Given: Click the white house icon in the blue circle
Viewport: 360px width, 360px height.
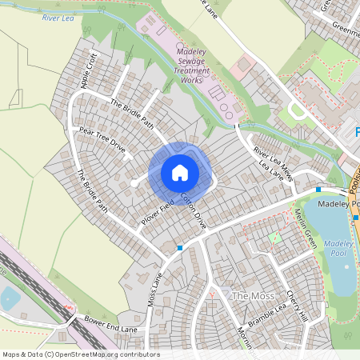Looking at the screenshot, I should click(x=180, y=172).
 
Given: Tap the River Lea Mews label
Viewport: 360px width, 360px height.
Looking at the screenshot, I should click(x=270, y=151).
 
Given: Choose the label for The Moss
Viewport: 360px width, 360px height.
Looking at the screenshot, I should click(x=246, y=296).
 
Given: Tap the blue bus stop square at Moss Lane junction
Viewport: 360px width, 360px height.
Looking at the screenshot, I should click(x=180, y=248).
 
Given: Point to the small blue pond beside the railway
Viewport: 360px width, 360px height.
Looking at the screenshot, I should click(x=10, y=299).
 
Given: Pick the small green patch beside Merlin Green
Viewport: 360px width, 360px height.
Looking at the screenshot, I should click(x=276, y=237).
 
